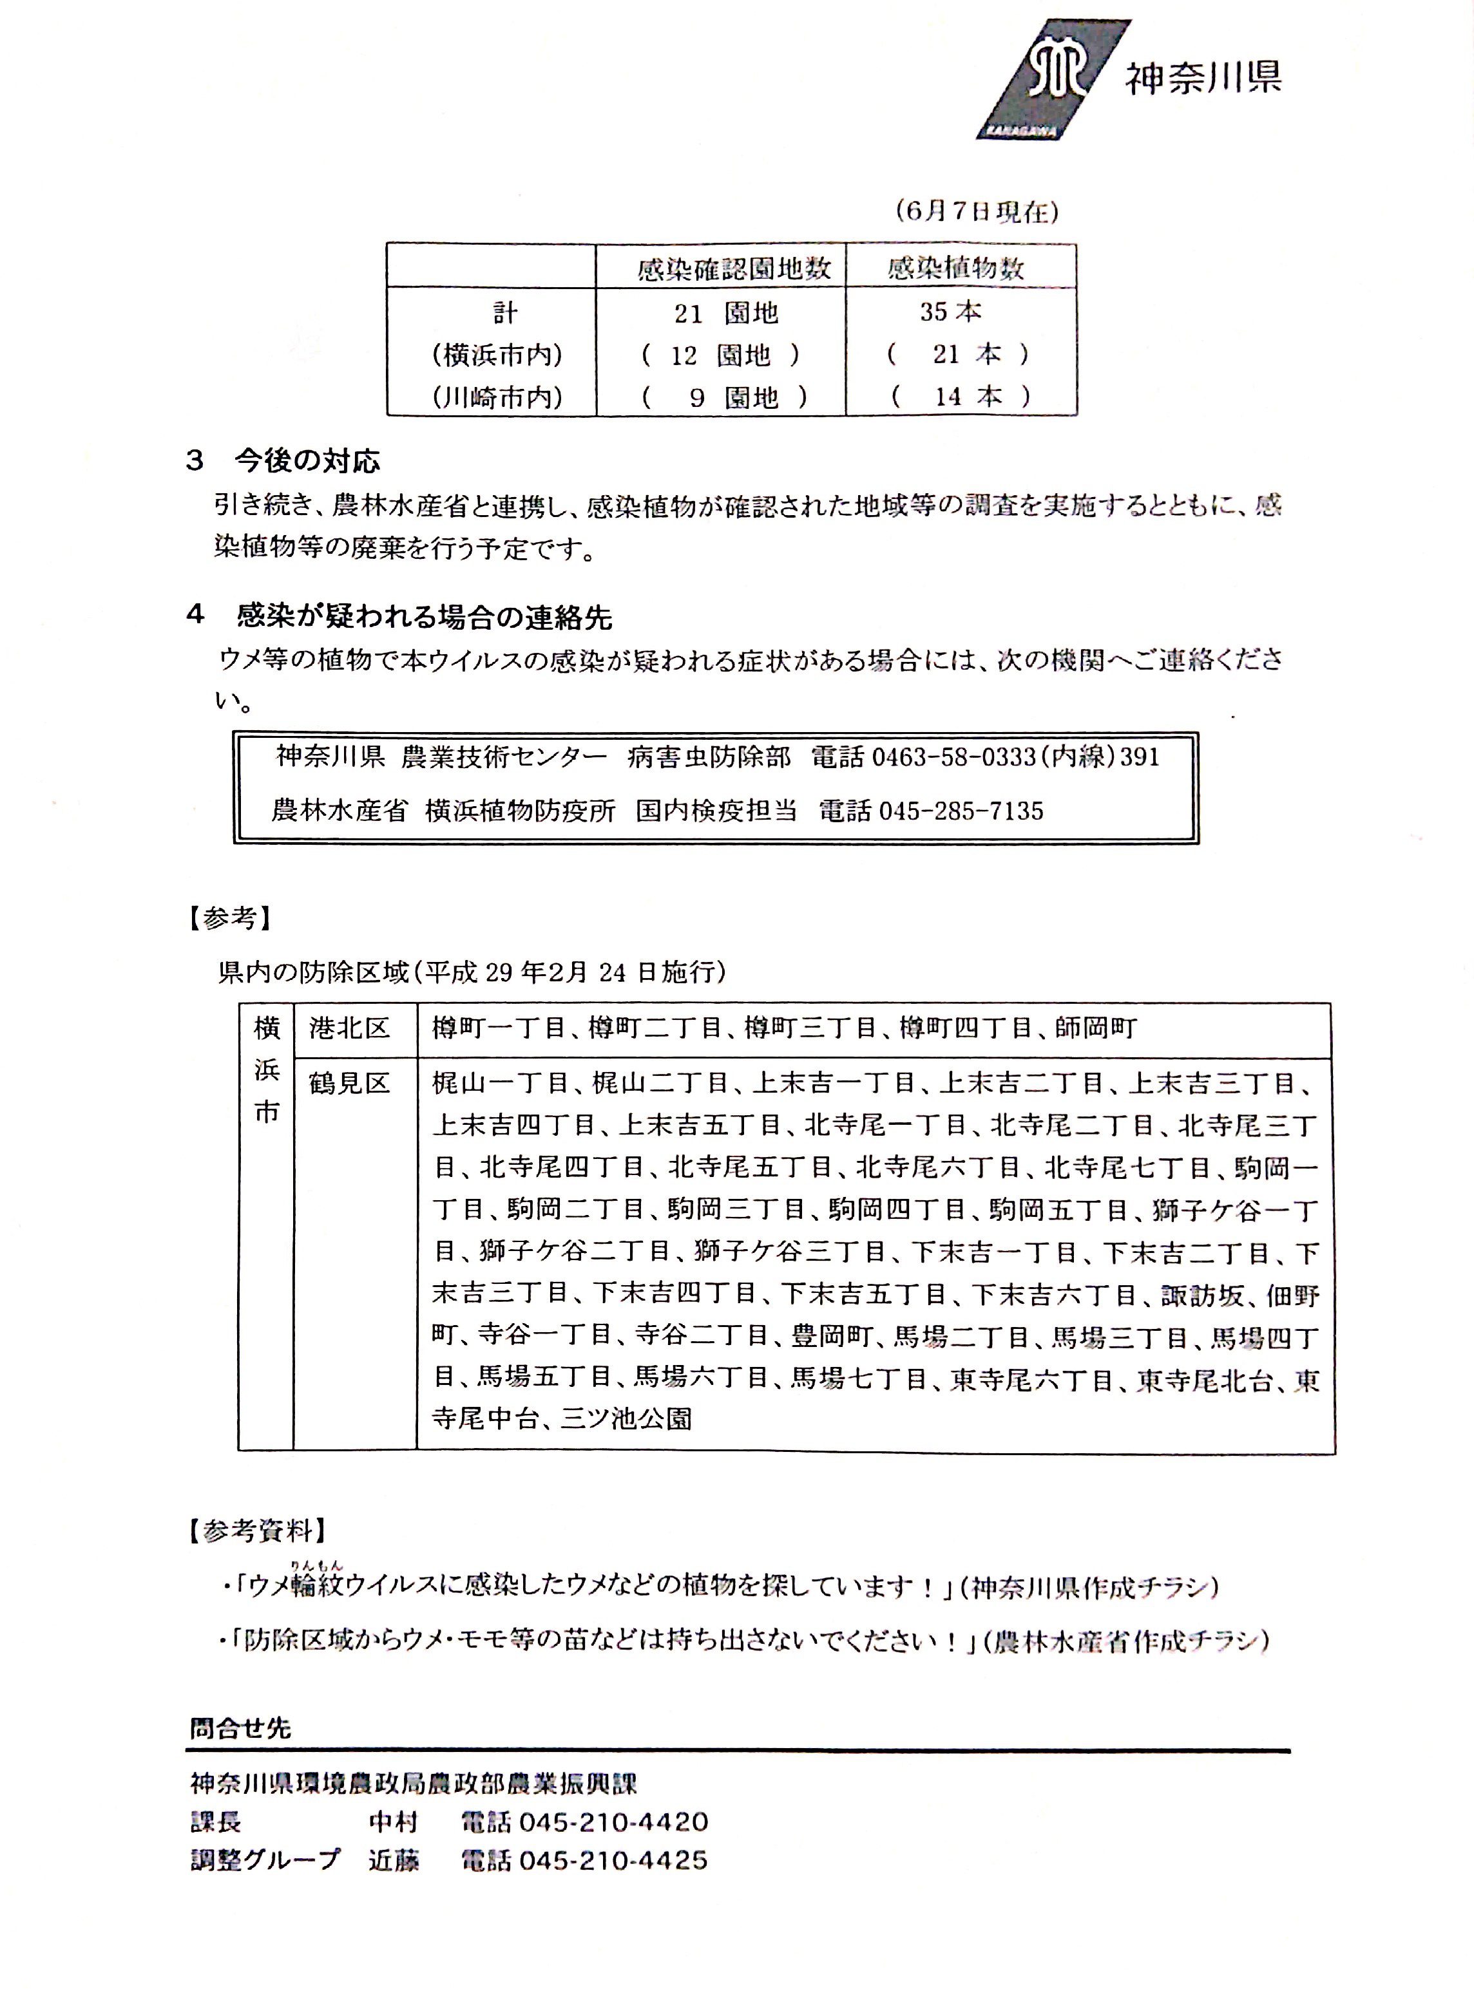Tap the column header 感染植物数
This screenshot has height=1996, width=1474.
click(x=955, y=268)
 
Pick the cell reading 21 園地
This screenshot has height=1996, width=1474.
click(x=725, y=313)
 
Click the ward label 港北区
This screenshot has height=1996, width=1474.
click(x=350, y=1028)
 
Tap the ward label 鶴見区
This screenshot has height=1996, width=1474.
click(x=350, y=1083)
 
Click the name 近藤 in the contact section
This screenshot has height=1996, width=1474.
click(x=394, y=1859)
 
